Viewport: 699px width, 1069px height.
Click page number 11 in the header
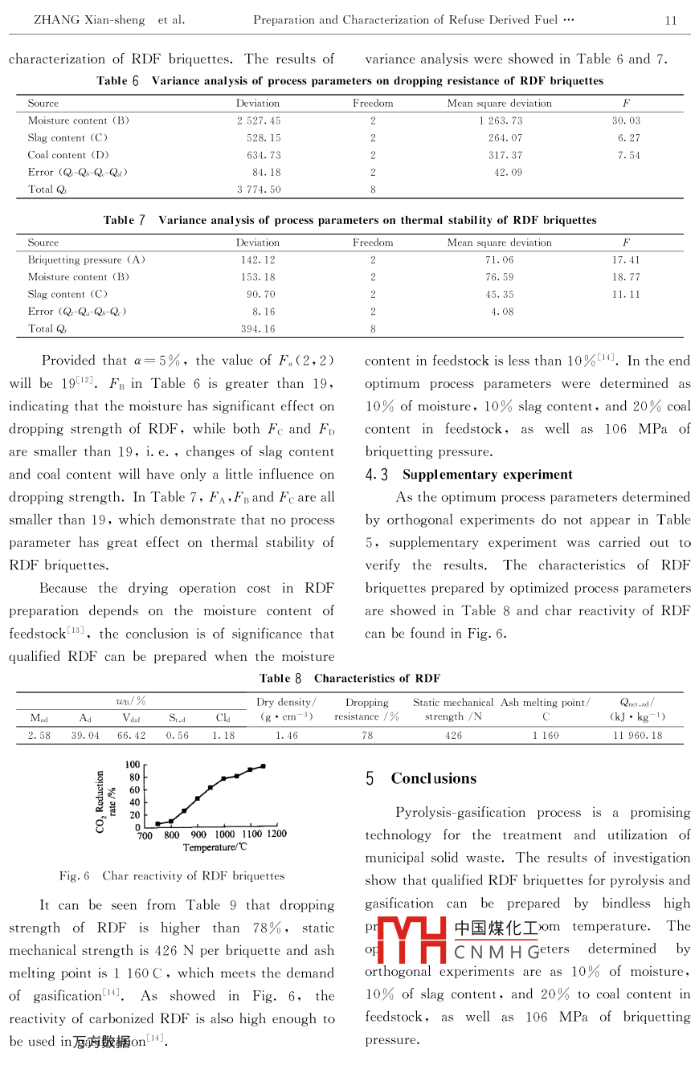pos(671,20)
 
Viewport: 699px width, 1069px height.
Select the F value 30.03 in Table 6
pos(626,120)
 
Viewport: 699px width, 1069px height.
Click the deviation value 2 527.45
pos(258,120)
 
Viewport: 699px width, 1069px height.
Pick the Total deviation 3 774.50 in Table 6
pos(258,190)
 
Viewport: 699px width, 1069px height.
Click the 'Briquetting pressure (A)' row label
pos(87,260)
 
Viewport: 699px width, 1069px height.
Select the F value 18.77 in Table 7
pos(626,277)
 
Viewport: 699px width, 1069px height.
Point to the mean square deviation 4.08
pos(502,312)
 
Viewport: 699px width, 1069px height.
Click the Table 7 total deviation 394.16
pos(258,328)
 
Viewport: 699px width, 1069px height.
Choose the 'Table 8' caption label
pos(282,679)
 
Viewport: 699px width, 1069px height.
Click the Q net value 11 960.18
pos(637,735)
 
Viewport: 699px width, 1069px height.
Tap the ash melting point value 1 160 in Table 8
pos(546,735)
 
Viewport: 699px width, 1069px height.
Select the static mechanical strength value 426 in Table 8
pos(453,735)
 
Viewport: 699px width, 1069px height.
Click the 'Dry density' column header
pos(286,703)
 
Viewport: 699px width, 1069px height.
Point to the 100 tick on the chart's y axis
pos(133,765)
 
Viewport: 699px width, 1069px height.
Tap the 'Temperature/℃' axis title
pos(215,847)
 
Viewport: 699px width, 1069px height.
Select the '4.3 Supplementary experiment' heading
pos(469,475)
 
